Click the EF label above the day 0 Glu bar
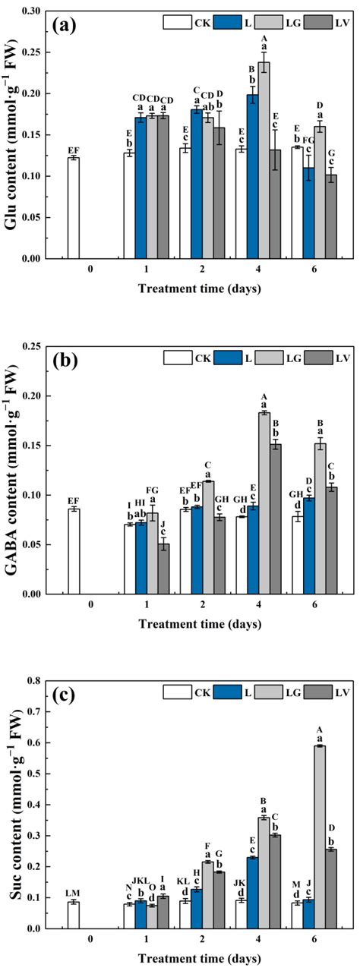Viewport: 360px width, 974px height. pyautogui.click(x=74, y=151)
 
